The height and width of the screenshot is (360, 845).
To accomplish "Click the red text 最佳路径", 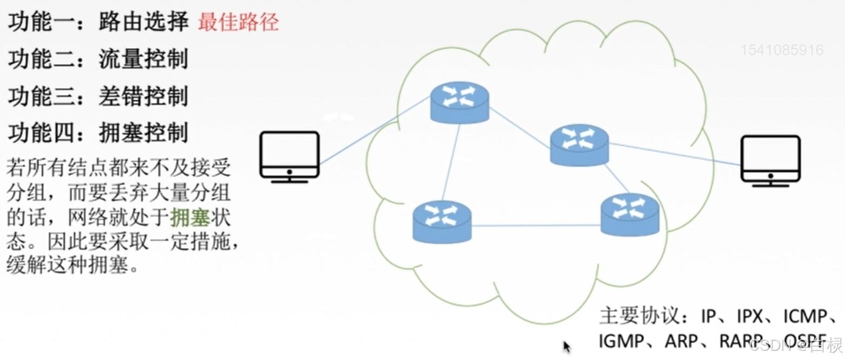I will [x=238, y=22].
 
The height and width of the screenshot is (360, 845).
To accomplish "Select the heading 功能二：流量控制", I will [x=98, y=59].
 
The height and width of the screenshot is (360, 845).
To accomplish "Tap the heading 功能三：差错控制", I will [x=98, y=96].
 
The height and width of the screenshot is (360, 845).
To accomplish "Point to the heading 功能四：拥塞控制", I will [x=98, y=133].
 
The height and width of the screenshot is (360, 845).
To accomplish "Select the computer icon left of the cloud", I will [x=289, y=156].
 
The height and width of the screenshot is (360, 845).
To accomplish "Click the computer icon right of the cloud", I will [x=770, y=160].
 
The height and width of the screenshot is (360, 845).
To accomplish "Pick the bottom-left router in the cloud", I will [x=442, y=221].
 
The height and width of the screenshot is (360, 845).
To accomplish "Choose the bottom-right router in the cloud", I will [x=630, y=215].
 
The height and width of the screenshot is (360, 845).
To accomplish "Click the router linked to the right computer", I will [x=579, y=144].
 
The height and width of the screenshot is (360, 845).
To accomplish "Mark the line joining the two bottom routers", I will [x=536, y=225].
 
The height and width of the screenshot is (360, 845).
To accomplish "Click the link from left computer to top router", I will [x=374, y=132].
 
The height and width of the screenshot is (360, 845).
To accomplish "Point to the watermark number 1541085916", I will [x=782, y=50].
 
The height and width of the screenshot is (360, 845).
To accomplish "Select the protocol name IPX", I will [x=747, y=316].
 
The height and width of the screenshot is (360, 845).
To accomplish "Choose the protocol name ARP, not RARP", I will [x=679, y=341].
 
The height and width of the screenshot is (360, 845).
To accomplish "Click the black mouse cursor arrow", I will [x=567, y=346].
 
